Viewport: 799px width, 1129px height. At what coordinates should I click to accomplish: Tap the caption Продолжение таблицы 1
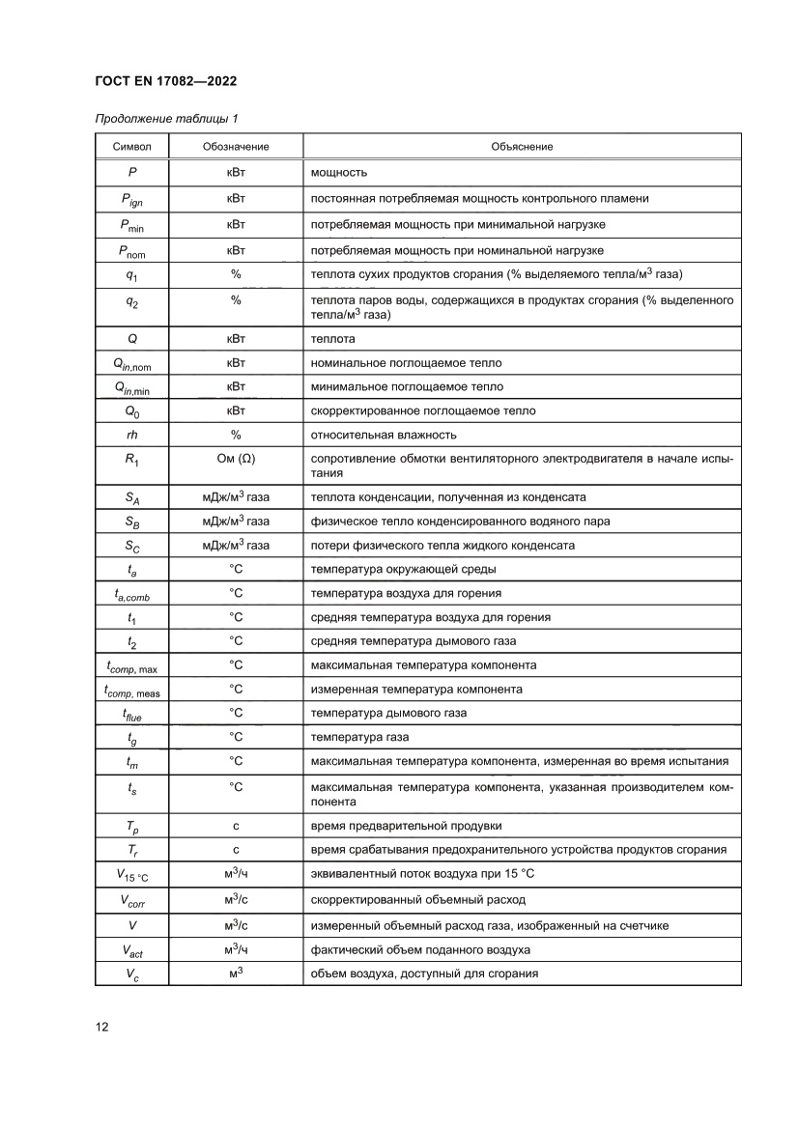tap(166, 119)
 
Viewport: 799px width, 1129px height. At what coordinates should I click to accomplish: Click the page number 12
tap(101, 1027)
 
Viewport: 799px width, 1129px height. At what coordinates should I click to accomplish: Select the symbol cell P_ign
tap(131, 200)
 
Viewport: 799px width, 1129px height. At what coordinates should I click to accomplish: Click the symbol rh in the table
tap(131, 435)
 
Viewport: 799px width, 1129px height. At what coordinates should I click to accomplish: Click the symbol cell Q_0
tap(131, 411)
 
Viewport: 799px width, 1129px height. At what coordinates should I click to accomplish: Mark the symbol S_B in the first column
tap(131, 522)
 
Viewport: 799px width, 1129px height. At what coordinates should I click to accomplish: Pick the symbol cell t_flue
tap(131, 714)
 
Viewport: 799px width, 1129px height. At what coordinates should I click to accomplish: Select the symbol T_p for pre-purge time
tap(131, 826)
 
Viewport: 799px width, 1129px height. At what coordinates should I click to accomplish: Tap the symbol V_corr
tap(131, 900)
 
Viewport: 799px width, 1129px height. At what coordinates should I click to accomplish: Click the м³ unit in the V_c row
tap(235, 973)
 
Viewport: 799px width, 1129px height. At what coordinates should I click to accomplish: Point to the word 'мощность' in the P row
tap(337, 173)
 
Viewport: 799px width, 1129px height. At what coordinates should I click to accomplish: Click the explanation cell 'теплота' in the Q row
tap(332, 339)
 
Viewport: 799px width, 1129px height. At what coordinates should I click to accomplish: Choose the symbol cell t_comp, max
tap(131, 665)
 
